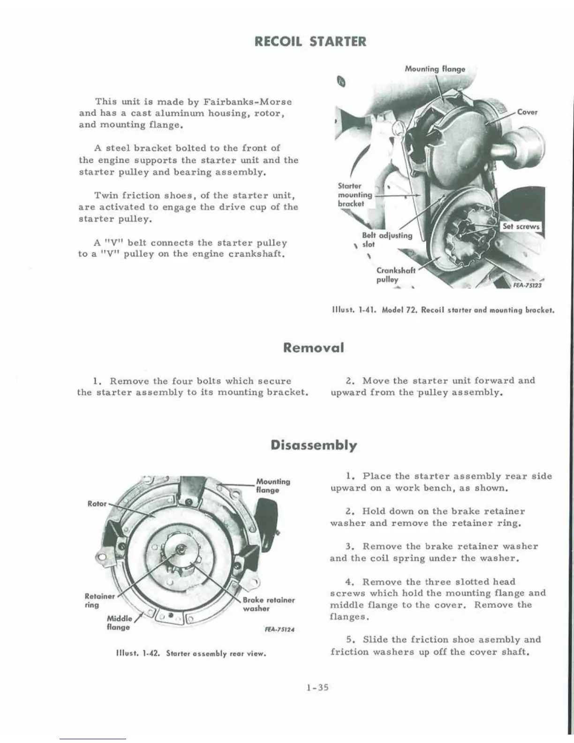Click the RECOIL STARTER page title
click(310, 41)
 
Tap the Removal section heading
click(313, 348)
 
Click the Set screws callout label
click(521, 227)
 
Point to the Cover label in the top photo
click(527, 112)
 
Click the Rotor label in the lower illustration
click(97, 504)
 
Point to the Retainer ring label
click(99, 600)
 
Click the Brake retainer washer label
click(268, 604)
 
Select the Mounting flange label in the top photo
click(435, 69)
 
